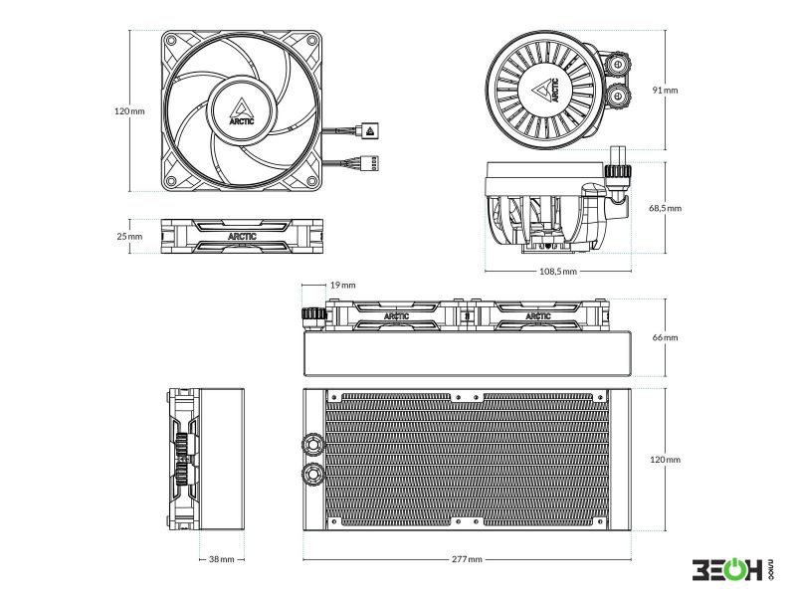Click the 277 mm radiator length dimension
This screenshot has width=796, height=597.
(467, 559)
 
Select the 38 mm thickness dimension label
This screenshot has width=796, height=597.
(221, 559)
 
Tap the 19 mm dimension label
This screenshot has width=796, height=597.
(342, 285)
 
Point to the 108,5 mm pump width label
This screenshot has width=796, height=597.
(558, 271)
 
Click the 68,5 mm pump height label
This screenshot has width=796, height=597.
(665, 208)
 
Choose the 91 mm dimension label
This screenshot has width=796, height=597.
(665, 91)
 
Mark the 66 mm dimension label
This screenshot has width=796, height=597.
(665, 337)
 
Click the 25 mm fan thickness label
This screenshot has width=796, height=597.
(129, 236)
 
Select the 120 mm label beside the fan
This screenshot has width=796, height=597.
(129, 111)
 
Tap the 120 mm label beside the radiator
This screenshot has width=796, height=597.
(665, 460)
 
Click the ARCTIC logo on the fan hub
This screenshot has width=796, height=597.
(242, 111)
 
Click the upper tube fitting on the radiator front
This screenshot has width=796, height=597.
(312, 444)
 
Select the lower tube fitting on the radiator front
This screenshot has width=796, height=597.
(312, 476)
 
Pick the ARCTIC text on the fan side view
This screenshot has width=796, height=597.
(242, 236)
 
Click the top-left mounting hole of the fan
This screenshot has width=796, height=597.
(171, 41)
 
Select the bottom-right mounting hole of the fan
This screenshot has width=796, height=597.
(312, 181)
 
